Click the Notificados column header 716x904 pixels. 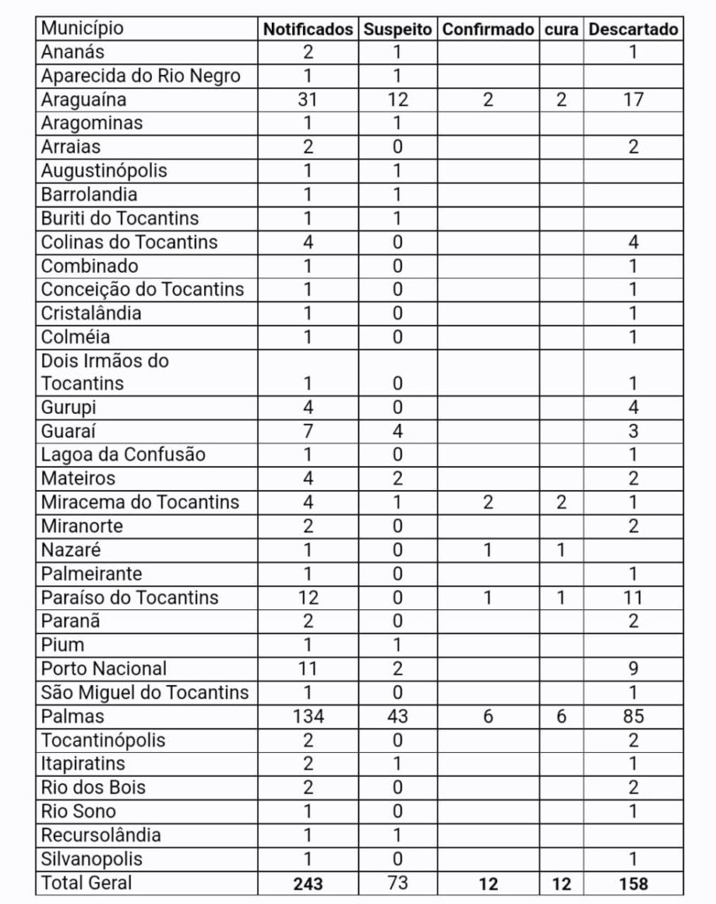(308, 28)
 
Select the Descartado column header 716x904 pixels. (633, 28)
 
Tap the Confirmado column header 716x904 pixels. (488, 28)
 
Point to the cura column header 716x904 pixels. (561, 28)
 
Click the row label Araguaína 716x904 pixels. (84, 99)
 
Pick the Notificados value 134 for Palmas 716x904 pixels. (308, 716)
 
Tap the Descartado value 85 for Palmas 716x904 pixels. (633, 716)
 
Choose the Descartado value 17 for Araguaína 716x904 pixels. (633, 99)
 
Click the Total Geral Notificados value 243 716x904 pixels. (308, 883)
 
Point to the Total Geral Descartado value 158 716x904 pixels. (633, 883)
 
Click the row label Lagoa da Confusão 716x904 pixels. (123, 455)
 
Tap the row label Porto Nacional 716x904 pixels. (103, 668)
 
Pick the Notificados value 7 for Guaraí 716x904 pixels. (308, 431)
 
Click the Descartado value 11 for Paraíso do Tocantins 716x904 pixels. (633, 598)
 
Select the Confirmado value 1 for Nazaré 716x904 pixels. (488, 550)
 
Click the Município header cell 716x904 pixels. (82, 28)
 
